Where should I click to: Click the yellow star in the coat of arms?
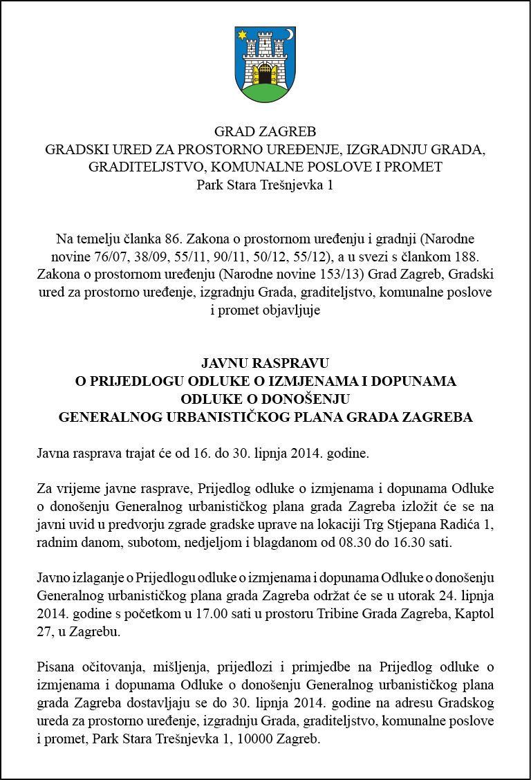click(243, 34)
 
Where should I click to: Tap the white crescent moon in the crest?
click(290, 34)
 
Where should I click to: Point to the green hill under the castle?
click(265, 93)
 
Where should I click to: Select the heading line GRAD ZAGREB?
click(265, 132)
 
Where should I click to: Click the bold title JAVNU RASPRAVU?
click(265, 363)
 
